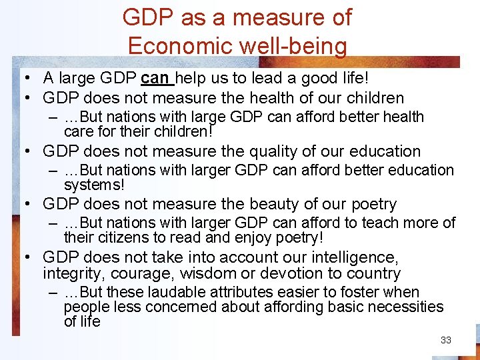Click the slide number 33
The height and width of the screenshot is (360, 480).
[446, 340]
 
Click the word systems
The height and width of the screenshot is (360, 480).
[94, 184]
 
